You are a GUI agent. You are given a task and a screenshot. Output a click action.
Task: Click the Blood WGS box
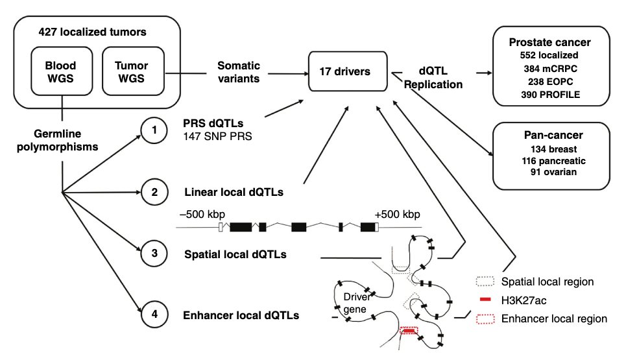coord(60,73)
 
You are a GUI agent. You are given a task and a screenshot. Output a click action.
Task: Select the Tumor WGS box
coord(131,73)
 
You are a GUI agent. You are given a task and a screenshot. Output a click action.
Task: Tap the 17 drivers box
coord(344,71)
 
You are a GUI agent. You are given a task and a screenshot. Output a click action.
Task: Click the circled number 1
coord(154,131)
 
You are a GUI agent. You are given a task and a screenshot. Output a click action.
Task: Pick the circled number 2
coord(154,192)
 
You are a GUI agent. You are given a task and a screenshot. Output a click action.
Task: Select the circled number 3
coord(154,254)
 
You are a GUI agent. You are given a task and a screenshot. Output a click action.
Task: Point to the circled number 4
coord(154,315)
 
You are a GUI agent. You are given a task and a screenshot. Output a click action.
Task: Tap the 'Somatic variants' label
coord(238,72)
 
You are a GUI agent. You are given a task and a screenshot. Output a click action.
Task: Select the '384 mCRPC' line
coord(551,69)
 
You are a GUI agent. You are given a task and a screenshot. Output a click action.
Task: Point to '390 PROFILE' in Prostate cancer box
coord(551,95)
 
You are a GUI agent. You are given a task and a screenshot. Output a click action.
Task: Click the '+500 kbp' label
coord(397,214)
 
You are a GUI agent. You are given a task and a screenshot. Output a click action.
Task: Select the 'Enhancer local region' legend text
coord(554,318)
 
